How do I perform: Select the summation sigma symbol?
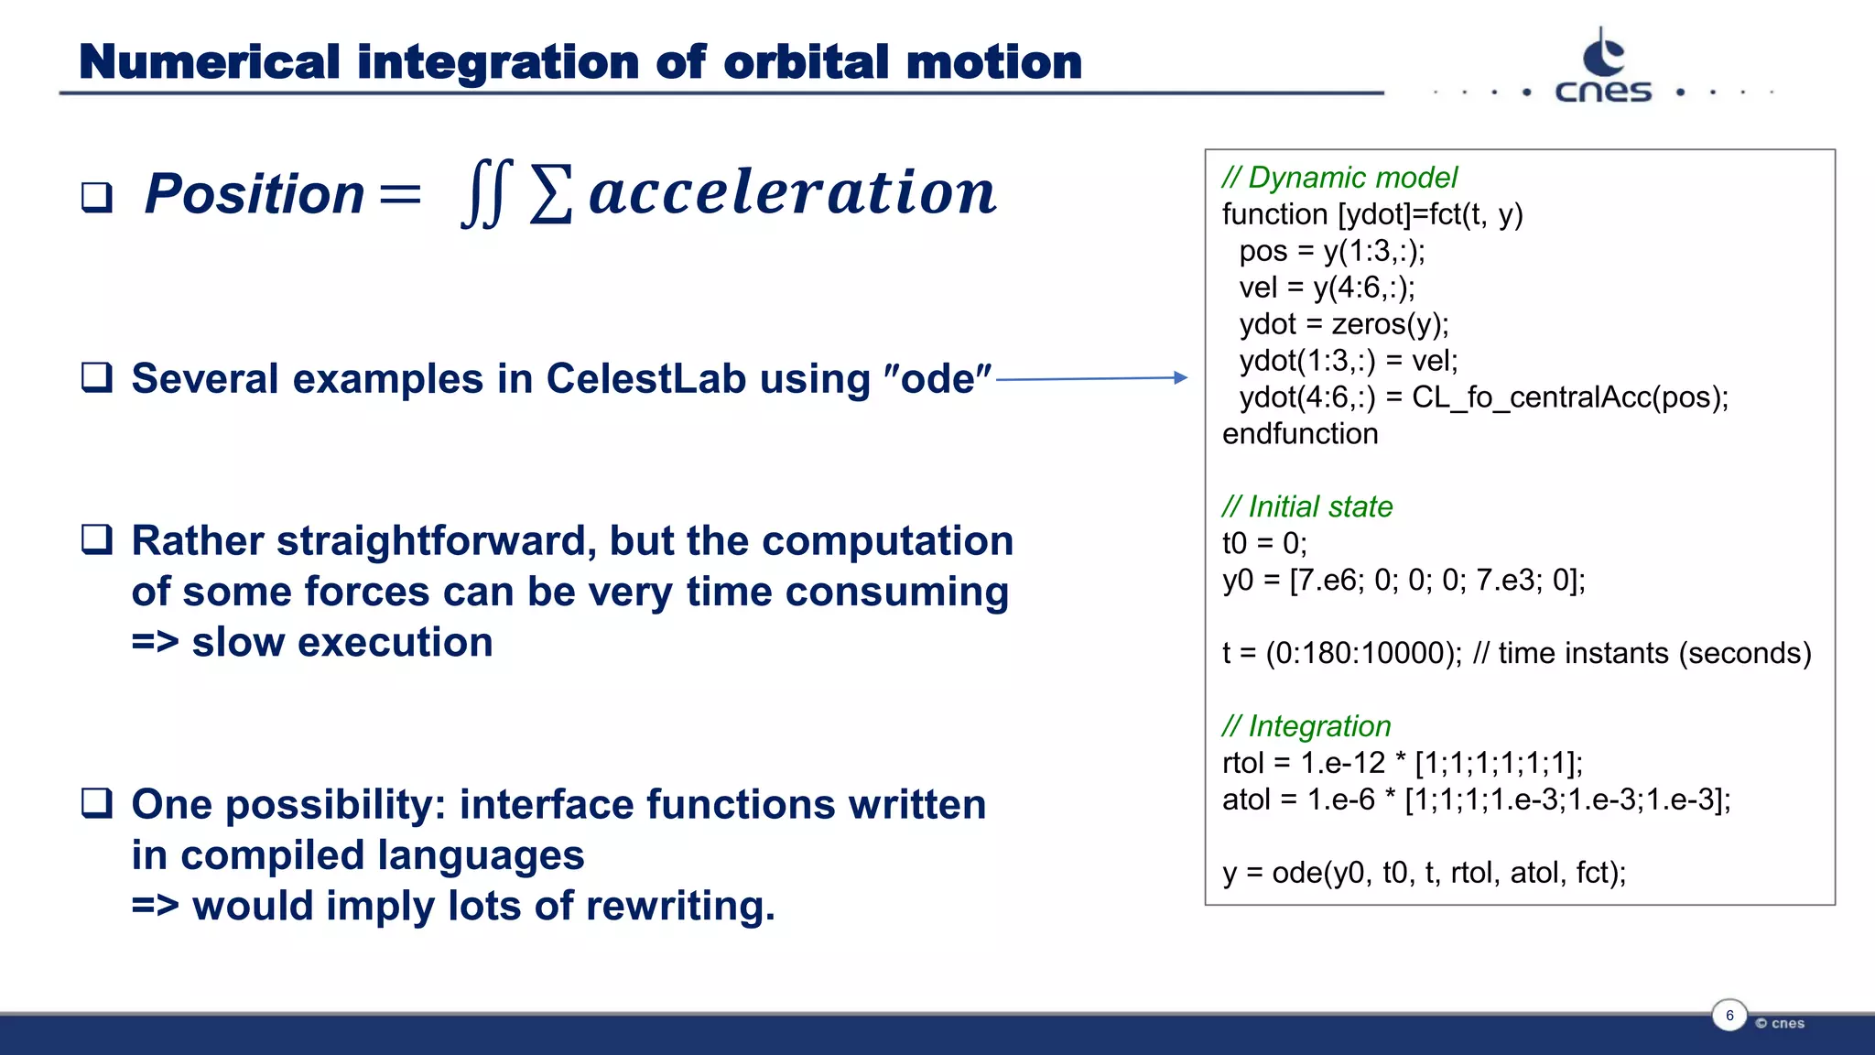pyautogui.click(x=551, y=194)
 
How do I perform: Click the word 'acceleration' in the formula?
pyautogui.click(x=792, y=193)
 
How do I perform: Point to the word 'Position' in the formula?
pyautogui.click(x=255, y=194)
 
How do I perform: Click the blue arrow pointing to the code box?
pyautogui.click(x=1091, y=377)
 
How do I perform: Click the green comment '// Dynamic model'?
pyautogui.click(x=1339, y=178)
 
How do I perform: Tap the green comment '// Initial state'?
pyautogui.click(x=1307, y=506)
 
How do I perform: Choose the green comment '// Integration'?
pyautogui.click(x=1306, y=726)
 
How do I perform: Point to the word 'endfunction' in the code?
pyautogui.click(x=1300, y=434)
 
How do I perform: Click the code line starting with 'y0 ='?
pyautogui.click(x=1404, y=580)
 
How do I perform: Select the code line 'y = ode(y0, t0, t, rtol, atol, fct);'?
pyautogui.click(x=1424, y=873)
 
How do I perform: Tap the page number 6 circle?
pyautogui.click(x=1729, y=1016)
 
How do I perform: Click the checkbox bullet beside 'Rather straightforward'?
pyautogui.click(x=97, y=540)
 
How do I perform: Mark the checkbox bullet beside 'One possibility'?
pyautogui.click(x=97, y=804)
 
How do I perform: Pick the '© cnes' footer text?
pyautogui.click(x=1780, y=1023)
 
